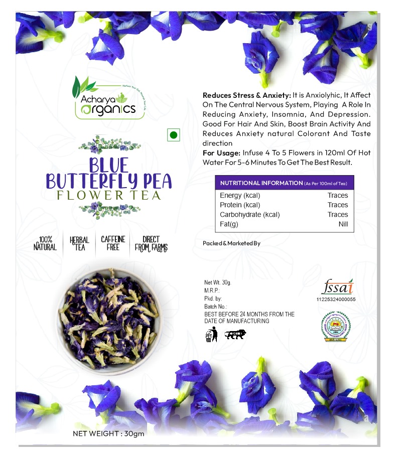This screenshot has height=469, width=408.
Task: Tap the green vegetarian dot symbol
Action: [x=173, y=135]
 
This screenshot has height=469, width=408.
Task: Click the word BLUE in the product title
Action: [x=109, y=166]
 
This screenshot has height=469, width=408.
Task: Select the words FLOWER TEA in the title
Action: [x=109, y=195]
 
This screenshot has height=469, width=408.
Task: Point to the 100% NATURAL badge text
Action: [x=45, y=244]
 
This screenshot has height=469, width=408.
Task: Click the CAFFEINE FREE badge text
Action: [x=113, y=243]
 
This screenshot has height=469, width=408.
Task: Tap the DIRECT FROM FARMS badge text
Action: [x=151, y=244]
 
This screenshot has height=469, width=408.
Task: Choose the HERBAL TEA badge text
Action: [x=79, y=244]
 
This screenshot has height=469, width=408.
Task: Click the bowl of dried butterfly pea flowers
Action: [x=109, y=317]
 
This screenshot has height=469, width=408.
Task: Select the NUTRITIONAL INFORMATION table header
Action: [x=284, y=183]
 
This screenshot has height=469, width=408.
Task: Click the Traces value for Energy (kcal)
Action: [x=337, y=195]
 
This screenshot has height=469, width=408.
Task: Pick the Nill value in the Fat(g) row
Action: [x=343, y=224]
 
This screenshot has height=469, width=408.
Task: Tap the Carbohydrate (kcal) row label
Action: [x=249, y=215]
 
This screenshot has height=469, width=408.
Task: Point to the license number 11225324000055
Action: [x=336, y=299]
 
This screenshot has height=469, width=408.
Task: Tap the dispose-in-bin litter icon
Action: [x=211, y=335]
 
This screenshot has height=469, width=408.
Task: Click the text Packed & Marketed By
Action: [x=231, y=243]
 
